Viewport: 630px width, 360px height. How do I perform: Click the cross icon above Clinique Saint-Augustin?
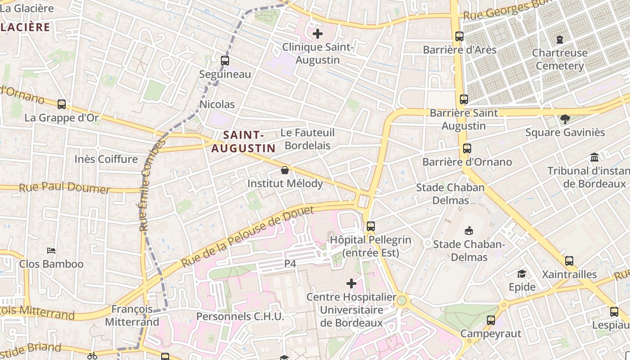(x=318, y=33)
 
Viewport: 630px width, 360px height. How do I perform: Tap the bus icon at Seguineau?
(x=225, y=60)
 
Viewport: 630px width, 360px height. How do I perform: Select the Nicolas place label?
(x=217, y=104)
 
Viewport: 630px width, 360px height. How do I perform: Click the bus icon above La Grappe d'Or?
(x=62, y=104)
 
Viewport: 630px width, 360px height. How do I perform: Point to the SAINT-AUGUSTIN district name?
(x=243, y=141)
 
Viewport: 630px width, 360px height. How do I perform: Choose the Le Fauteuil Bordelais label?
(x=308, y=139)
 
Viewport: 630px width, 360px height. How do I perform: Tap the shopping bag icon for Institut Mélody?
(x=284, y=170)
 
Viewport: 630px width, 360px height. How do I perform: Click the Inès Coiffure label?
(x=106, y=159)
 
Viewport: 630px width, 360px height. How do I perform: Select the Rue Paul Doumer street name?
(x=64, y=188)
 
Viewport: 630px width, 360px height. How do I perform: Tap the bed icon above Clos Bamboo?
(x=51, y=250)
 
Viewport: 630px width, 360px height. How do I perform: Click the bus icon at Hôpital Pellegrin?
(x=370, y=226)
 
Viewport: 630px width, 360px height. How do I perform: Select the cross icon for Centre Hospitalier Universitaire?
(x=351, y=283)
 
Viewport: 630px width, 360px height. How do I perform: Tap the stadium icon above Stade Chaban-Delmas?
(x=469, y=231)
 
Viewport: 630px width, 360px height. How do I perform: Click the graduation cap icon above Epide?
(x=522, y=274)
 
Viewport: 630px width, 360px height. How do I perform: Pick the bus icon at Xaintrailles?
(x=569, y=261)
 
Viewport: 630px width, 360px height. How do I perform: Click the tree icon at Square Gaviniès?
(x=565, y=119)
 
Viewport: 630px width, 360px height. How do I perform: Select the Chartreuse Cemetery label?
(x=560, y=59)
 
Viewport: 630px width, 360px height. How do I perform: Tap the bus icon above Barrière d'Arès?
(x=459, y=36)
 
